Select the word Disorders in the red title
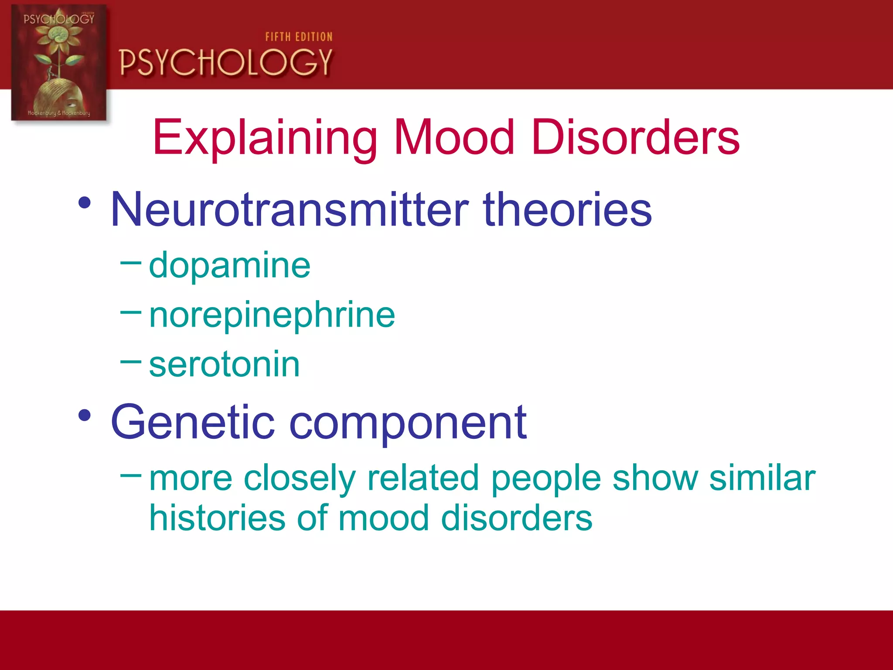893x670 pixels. [635, 138]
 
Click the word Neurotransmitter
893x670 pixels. [290, 210]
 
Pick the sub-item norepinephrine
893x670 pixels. [272, 315]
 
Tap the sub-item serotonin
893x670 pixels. [224, 365]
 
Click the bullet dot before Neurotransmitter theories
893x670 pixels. [85, 203]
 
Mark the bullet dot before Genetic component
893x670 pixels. [85, 415]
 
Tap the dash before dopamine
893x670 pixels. [130, 263]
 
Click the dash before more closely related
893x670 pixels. [130, 475]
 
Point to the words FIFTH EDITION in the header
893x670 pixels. [299, 37]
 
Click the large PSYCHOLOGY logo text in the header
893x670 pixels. [226, 62]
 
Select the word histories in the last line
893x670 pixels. [217, 518]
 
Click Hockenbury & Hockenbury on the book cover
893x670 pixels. [59, 113]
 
